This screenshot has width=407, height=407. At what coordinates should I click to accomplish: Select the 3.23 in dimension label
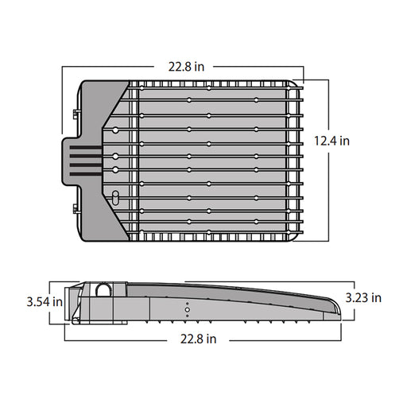tap(365, 297)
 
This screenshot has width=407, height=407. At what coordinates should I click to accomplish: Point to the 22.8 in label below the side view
tap(196, 339)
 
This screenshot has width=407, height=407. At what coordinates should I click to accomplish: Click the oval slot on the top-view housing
tap(115, 196)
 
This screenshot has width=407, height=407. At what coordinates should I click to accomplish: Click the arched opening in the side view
tap(104, 291)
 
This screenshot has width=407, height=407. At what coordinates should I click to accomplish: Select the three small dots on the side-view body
tap(188, 309)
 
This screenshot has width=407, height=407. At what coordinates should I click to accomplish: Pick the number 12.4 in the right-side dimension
tap(322, 141)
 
